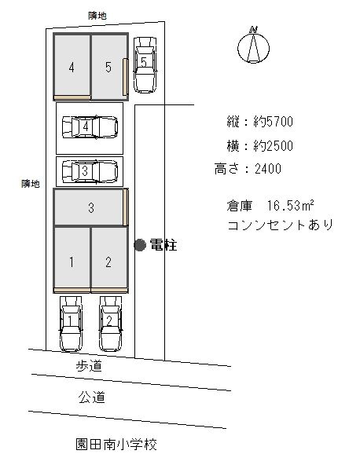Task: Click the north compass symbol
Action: click(253, 46)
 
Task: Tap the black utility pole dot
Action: click(139, 245)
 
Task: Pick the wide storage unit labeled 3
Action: click(90, 208)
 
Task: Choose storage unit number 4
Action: click(72, 67)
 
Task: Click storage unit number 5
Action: click(108, 67)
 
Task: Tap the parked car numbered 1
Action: click(71, 323)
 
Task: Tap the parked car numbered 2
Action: click(109, 323)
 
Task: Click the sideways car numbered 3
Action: click(89, 170)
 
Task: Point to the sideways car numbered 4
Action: click(89, 126)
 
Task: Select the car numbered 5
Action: click(145, 63)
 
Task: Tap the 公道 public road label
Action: click(91, 397)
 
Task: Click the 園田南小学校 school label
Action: click(112, 445)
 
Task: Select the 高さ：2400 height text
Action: click(248, 168)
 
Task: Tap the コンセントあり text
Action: click(279, 225)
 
